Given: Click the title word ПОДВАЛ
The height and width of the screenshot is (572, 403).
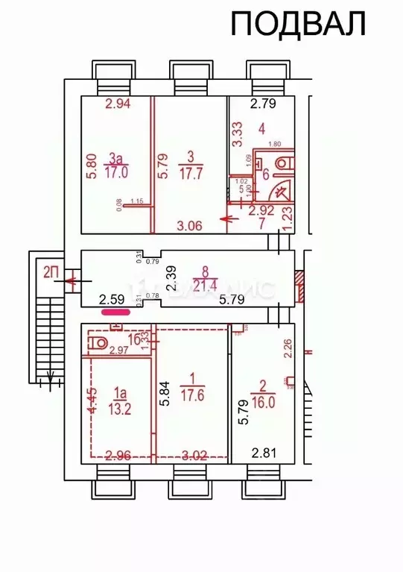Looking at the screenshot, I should [298, 24].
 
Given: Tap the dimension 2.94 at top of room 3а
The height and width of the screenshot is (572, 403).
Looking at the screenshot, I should [118, 105].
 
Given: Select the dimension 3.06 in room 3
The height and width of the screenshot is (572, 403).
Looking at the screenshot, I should [189, 224].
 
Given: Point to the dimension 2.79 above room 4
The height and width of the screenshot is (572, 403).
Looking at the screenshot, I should [262, 104].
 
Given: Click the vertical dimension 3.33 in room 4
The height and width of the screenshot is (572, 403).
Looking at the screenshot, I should [237, 134].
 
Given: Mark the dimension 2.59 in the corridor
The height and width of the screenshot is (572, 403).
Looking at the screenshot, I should [113, 300].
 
